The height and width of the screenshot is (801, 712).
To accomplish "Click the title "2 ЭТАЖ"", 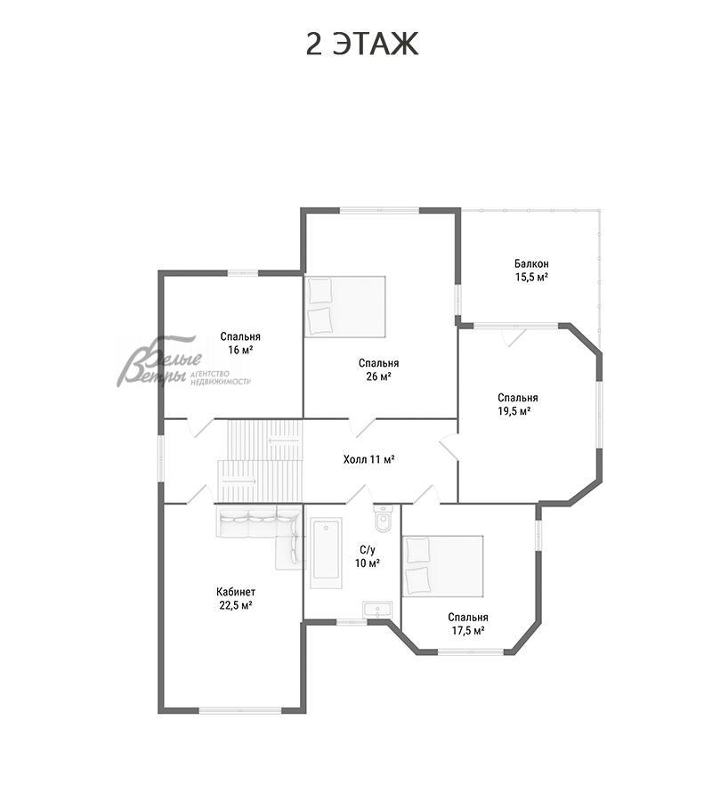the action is (362, 44).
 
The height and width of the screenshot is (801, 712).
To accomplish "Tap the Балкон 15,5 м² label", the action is (531, 271).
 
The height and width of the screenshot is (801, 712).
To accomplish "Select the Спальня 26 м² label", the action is (378, 370).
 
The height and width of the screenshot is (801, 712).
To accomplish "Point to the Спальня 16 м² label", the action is (240, 344).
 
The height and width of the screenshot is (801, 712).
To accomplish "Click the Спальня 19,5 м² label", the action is (517, 405).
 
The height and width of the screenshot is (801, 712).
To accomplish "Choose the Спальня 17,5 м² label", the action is (468, 624).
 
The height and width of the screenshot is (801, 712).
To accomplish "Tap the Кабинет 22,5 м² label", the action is (236, 599).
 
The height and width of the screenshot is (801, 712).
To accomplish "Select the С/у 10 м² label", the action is (368, 556).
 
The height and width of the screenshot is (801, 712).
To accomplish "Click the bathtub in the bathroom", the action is (326, 553).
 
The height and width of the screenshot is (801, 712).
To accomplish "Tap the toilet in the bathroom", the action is (383, 519).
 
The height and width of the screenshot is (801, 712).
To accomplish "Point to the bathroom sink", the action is (377, 610).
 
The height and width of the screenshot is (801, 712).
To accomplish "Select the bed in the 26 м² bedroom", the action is (344, 307).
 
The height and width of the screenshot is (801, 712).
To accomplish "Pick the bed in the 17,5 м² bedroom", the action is (443, 566).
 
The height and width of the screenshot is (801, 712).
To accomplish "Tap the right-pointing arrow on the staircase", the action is (239, 481).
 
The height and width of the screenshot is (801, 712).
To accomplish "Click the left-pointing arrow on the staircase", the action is (284, 441).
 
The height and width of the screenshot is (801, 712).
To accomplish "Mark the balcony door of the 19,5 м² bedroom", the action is (514, 336).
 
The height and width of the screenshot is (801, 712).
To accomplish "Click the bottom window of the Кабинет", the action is (240, 710).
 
